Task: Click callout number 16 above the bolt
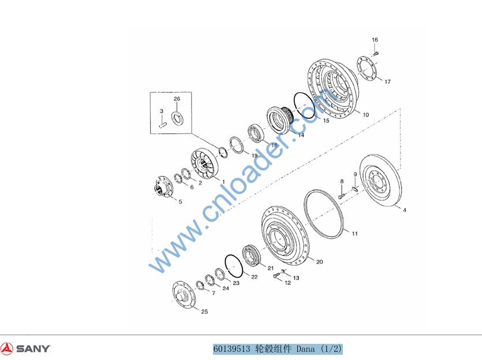coord(375,40)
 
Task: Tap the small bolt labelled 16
coord(375,54)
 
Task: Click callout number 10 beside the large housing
coord(366,115)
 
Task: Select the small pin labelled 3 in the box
coord(163,125)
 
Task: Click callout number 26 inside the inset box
coord(177,99)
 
